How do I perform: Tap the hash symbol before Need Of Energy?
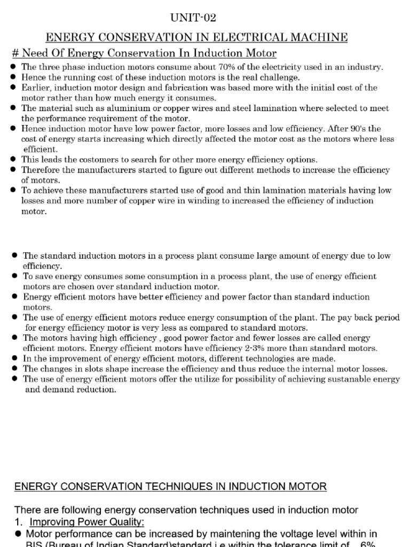coord(14,53)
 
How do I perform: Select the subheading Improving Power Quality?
coord(87,521)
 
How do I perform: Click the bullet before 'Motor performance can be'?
coord(18,534)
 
